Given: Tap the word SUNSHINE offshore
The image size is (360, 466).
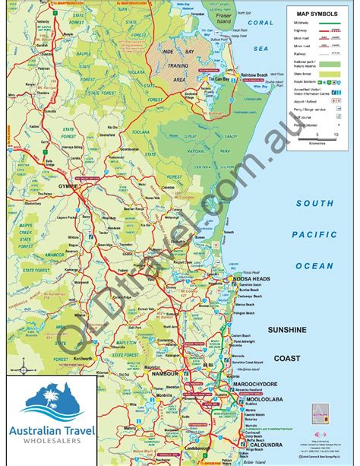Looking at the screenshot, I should click(x=286, y=330).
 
